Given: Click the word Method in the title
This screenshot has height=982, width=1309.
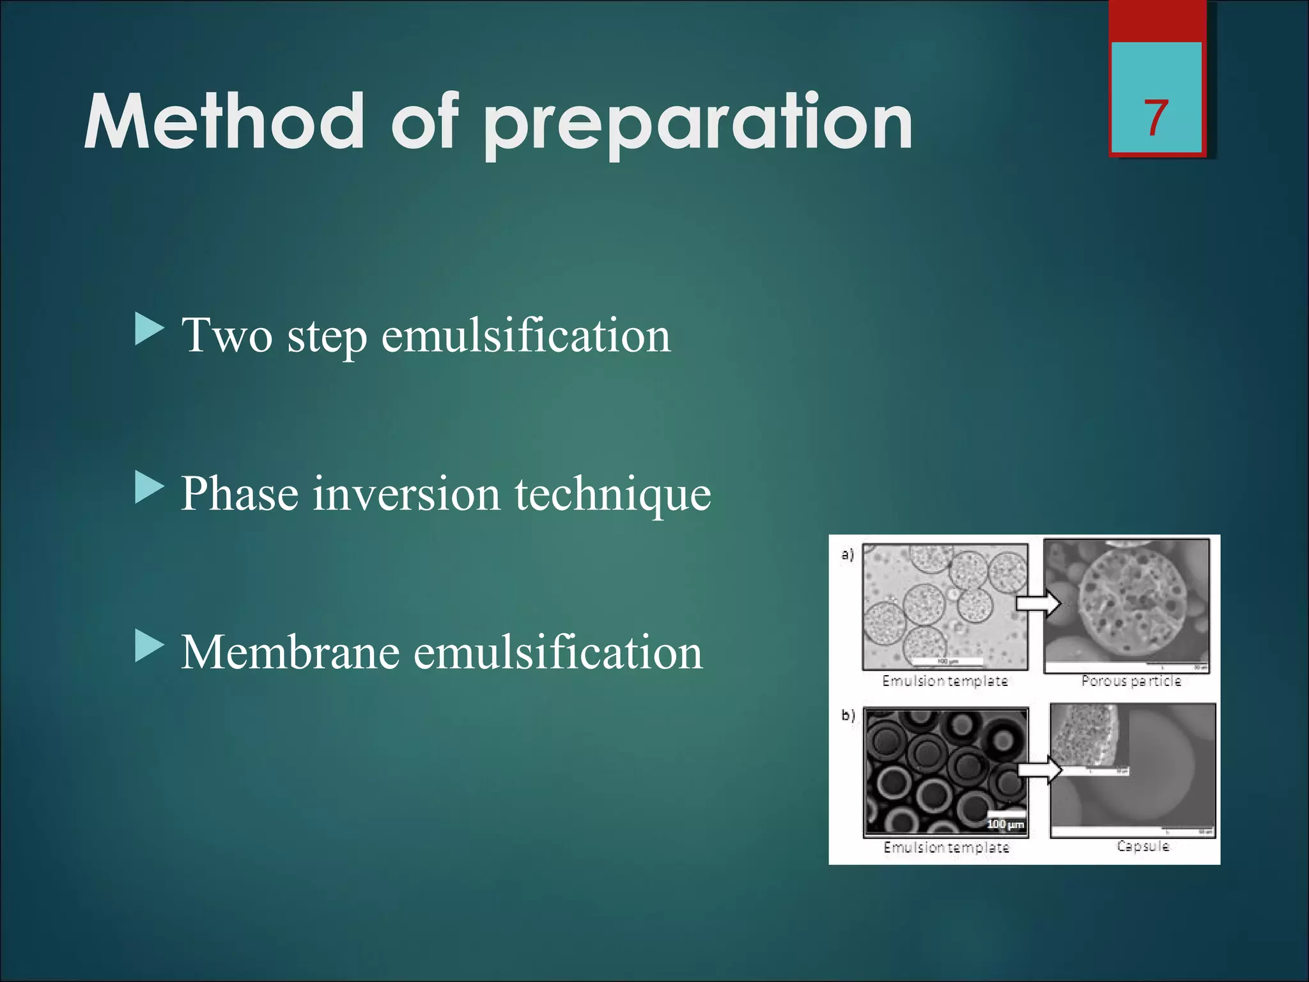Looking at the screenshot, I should [x=224, y=121].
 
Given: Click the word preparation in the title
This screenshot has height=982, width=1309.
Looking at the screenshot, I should [x=698, y=125].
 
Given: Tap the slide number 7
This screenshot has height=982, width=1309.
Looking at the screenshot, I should [x=1156, y=118].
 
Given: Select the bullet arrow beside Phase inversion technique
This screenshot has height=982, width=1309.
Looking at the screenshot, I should [x=150, y=488].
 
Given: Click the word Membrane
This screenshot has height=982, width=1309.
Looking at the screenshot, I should [x=290, y=653].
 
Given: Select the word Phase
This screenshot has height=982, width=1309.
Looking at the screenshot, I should [x=240, y=494].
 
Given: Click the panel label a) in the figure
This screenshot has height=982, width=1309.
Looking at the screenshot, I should [x=848, y=554].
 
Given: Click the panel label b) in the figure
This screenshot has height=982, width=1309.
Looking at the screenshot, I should [x=848, y=715].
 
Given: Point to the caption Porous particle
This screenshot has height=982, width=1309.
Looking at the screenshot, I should [x=1131, y=681].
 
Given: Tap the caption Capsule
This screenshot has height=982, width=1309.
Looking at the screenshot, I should [x=1143, y=846].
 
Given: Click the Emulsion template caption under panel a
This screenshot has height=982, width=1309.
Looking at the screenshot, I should [x=945, y=681].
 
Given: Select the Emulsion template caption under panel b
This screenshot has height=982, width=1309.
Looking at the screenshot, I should [x=946, y=847].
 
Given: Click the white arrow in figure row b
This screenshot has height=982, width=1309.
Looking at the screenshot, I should [x=1039, y=769].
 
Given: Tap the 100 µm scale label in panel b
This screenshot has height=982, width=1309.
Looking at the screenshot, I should [x=1005, y=825].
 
